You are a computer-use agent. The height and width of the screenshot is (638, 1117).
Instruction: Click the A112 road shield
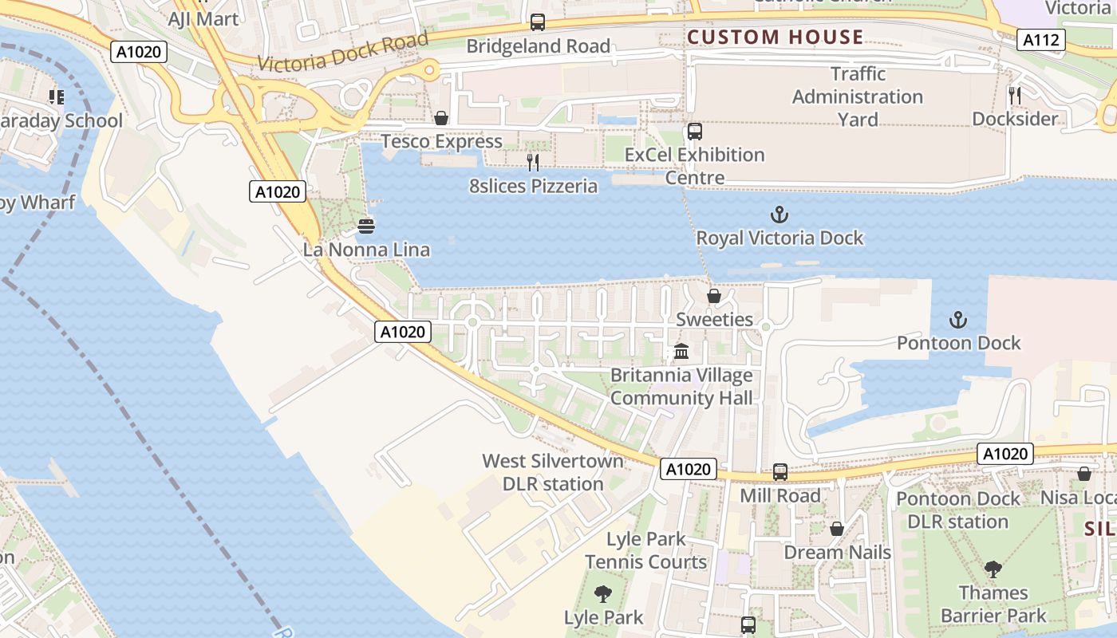pos(1040,40)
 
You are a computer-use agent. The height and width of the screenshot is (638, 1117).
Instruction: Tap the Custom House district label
pos(775,37)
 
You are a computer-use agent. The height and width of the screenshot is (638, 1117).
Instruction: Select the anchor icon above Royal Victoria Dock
pos(779,215)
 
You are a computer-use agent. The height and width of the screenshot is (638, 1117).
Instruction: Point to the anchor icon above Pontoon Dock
pos(957,320)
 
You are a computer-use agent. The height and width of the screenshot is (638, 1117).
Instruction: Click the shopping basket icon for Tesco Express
pos(440,119)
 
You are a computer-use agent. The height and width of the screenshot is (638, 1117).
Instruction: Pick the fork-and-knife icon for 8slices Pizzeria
pos(533,163)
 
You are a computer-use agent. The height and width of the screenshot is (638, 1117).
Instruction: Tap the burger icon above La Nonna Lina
pos(366,226)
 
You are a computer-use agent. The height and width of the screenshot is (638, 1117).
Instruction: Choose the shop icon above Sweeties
pos(714,296)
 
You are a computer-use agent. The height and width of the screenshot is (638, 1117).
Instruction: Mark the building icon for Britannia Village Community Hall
pos(681,351)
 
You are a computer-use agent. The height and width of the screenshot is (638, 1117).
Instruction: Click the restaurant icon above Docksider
pos(1015,96)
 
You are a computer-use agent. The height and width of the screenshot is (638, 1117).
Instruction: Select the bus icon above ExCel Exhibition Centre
pos(695,132)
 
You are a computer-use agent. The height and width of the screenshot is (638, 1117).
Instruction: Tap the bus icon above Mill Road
pos(780,472)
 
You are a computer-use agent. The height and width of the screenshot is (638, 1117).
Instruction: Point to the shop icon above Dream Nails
pos(837,529)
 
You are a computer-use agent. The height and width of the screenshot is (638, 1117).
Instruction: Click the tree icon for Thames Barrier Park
pos(993,569)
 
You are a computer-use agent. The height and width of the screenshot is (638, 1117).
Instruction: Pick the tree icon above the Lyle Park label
pos(603,594)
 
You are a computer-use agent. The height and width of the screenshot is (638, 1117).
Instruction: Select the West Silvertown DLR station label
pos(552,472)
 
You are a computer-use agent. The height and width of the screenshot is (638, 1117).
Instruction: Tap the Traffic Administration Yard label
pos(858,96)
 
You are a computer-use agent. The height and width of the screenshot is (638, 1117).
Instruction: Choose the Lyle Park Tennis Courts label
pos(645,550)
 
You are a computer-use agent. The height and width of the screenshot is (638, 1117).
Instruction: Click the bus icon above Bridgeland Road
pos(538,22)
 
